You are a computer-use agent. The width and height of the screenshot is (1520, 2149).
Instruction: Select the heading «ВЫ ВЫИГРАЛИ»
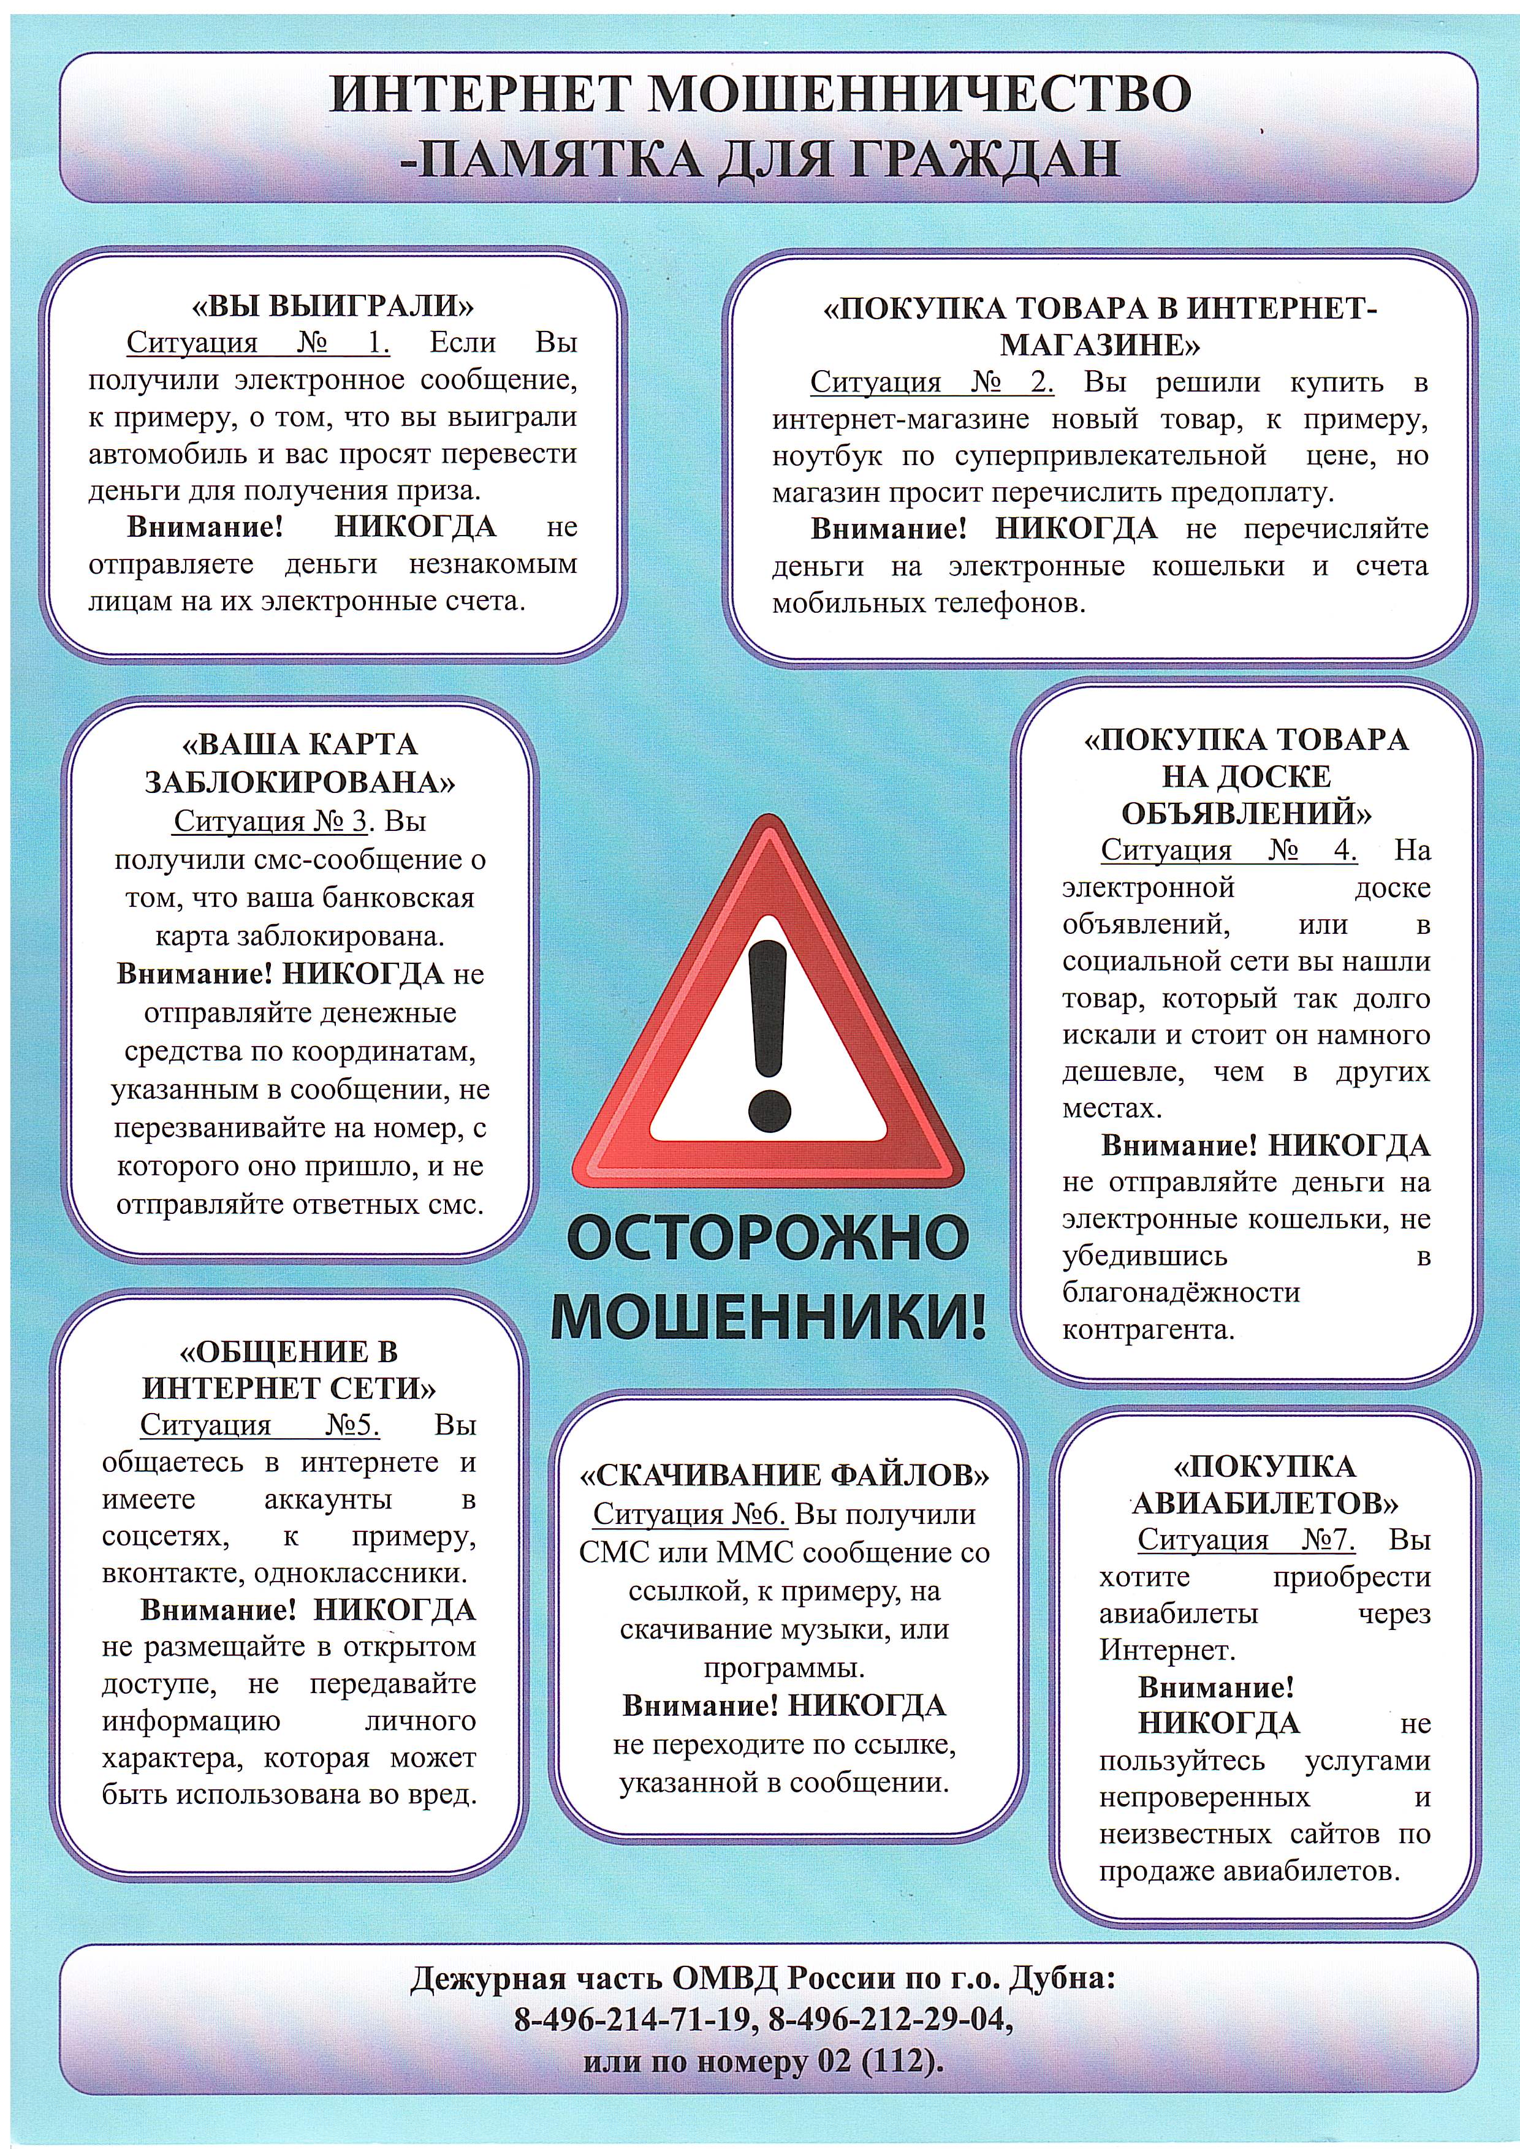(333, 306)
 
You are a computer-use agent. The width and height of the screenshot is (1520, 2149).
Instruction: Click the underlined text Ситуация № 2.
(932, 382)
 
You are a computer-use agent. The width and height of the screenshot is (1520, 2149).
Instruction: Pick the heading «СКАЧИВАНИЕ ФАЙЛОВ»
(785, 1476)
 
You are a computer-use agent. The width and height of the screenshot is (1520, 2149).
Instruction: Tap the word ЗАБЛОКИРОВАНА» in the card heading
(300, 783)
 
